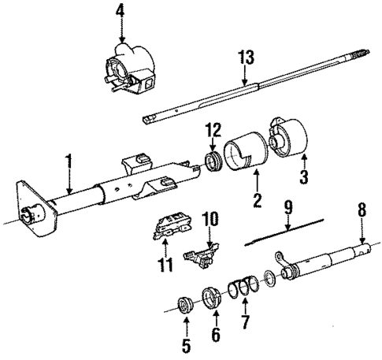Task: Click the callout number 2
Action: pos(255,200)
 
